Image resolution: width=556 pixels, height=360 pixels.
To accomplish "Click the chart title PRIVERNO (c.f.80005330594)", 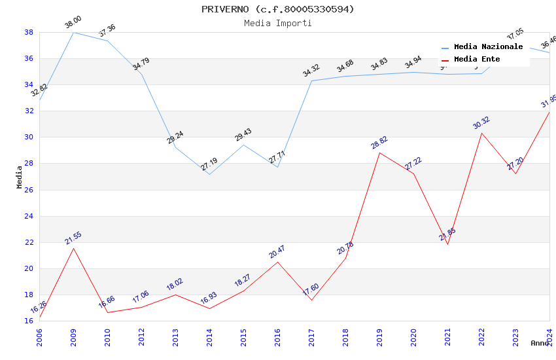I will (277, 9).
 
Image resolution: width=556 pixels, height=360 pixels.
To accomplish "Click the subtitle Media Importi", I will (277, 24).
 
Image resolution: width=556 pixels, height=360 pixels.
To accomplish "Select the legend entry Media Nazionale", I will (488, 47).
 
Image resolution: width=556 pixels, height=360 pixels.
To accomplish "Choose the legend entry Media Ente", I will (477, 60).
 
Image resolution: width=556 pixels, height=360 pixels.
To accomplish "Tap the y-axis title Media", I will (20, 177).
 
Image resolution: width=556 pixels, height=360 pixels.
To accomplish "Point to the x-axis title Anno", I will (540, 343).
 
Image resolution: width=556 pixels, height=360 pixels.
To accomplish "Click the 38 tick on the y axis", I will (29, 32).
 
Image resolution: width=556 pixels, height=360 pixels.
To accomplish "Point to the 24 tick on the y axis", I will (29, 216).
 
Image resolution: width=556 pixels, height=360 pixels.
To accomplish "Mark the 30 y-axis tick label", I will (29, 137).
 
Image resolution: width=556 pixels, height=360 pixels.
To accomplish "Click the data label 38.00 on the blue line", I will (73, 23).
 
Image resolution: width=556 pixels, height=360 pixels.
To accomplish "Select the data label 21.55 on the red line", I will (73, 238).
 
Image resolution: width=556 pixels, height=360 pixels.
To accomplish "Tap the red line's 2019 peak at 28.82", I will (379, 153).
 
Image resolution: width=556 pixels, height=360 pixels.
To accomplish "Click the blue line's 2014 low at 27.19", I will (209, 174).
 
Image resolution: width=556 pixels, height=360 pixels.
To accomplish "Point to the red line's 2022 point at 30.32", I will (481, 133).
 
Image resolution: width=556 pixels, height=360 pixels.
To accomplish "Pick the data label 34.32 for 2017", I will (311, 71).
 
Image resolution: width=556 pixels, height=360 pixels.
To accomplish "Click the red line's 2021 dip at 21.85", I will (447, 244).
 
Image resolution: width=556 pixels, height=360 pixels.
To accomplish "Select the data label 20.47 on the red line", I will (277, 252).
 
